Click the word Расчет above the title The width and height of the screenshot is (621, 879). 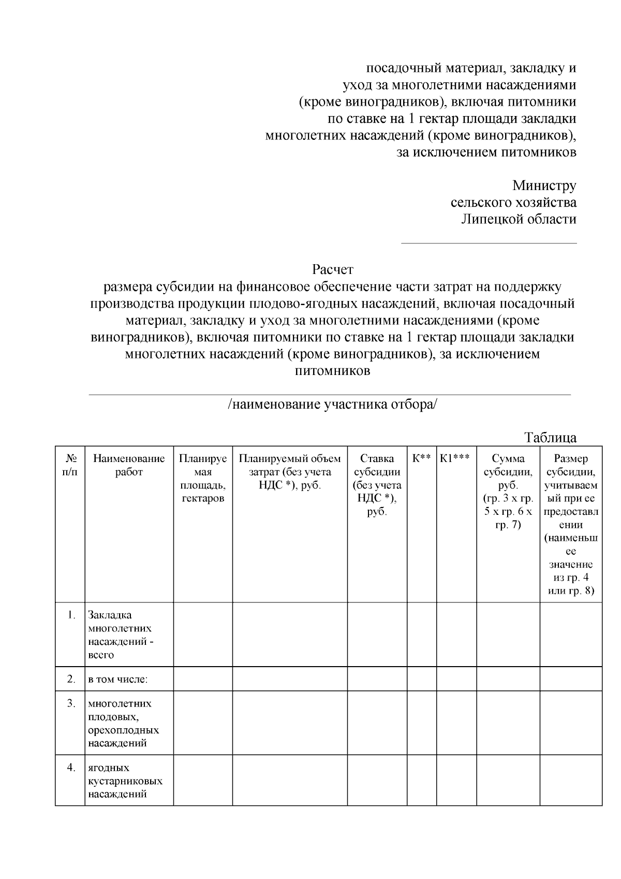(x=332, y=269)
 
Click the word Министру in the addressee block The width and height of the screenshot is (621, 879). (x=544, y=185)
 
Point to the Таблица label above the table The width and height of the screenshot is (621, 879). (x=551, y=437)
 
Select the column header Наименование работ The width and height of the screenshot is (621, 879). (x=129, y=465)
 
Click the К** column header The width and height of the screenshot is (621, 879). (x=421, y=458)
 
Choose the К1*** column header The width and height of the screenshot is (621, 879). (x=455, y=458)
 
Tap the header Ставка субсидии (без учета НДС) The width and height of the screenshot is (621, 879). (x=377, y=485)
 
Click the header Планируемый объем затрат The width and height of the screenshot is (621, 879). (x=290, y=472)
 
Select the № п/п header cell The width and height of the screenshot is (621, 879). (x=71, y=465)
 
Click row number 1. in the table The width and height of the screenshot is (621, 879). (x=71, y=615)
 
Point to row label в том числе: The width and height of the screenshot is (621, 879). (x=117, y=679)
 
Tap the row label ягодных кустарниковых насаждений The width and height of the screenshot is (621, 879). (x=125, y=781)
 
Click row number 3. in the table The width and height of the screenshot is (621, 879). (x=71, y=703)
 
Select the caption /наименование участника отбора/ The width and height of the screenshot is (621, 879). (x=332, y=405)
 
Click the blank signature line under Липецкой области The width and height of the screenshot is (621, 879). (x=489, y=242)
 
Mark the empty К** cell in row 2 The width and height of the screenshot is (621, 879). (x=421, y=679)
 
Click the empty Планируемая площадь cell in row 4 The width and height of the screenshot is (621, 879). (x=203, y=780)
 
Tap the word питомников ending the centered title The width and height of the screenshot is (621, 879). (x=332, y=371)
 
